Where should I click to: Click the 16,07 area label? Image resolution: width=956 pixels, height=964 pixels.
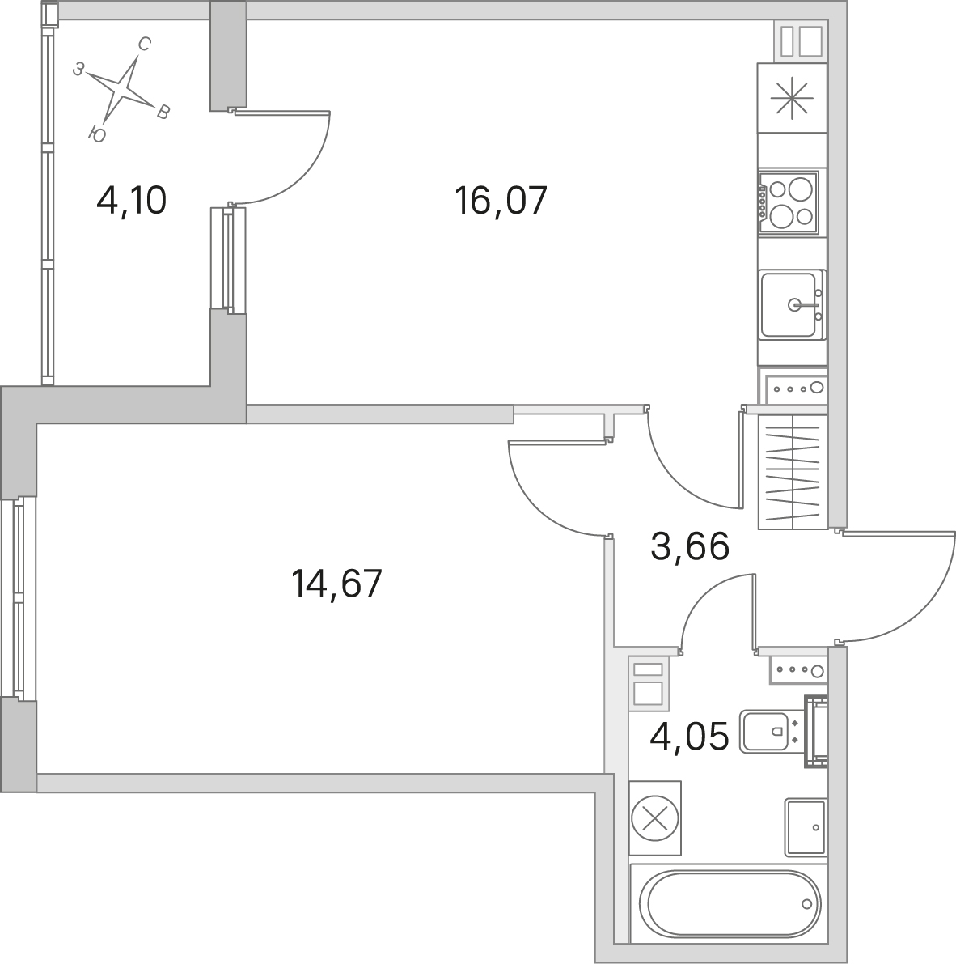[x=500, y=201]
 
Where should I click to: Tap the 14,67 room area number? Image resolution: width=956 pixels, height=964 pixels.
[x=336, y=584]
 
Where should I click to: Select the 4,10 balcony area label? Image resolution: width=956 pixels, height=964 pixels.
[x=132, y=201]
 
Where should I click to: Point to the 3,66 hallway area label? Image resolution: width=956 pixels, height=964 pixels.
[x=689, y=546]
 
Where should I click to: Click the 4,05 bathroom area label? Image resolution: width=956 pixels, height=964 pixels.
[x=689, y=736]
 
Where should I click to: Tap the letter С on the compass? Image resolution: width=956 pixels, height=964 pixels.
[x=145, y=44]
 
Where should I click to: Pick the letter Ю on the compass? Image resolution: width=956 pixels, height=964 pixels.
[x=97, y=134]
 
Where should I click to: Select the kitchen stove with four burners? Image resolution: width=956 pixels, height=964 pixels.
[x=789, y=202]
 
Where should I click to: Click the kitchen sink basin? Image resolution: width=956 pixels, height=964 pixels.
[x=791, y=304]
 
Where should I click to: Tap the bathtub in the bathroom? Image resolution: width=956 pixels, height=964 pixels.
[x=730, y=903]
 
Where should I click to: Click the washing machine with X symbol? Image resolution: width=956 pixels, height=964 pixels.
[x=656, y=818]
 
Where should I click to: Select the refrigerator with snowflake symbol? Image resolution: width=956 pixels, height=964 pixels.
[x=792, y=98]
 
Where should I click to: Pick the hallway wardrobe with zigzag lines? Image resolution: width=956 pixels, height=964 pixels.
[x=793, y=472]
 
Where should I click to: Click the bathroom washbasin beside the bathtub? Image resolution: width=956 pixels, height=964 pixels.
[x=806, y=827]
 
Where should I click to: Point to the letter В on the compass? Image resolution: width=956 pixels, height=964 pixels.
[x=163, y=112]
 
